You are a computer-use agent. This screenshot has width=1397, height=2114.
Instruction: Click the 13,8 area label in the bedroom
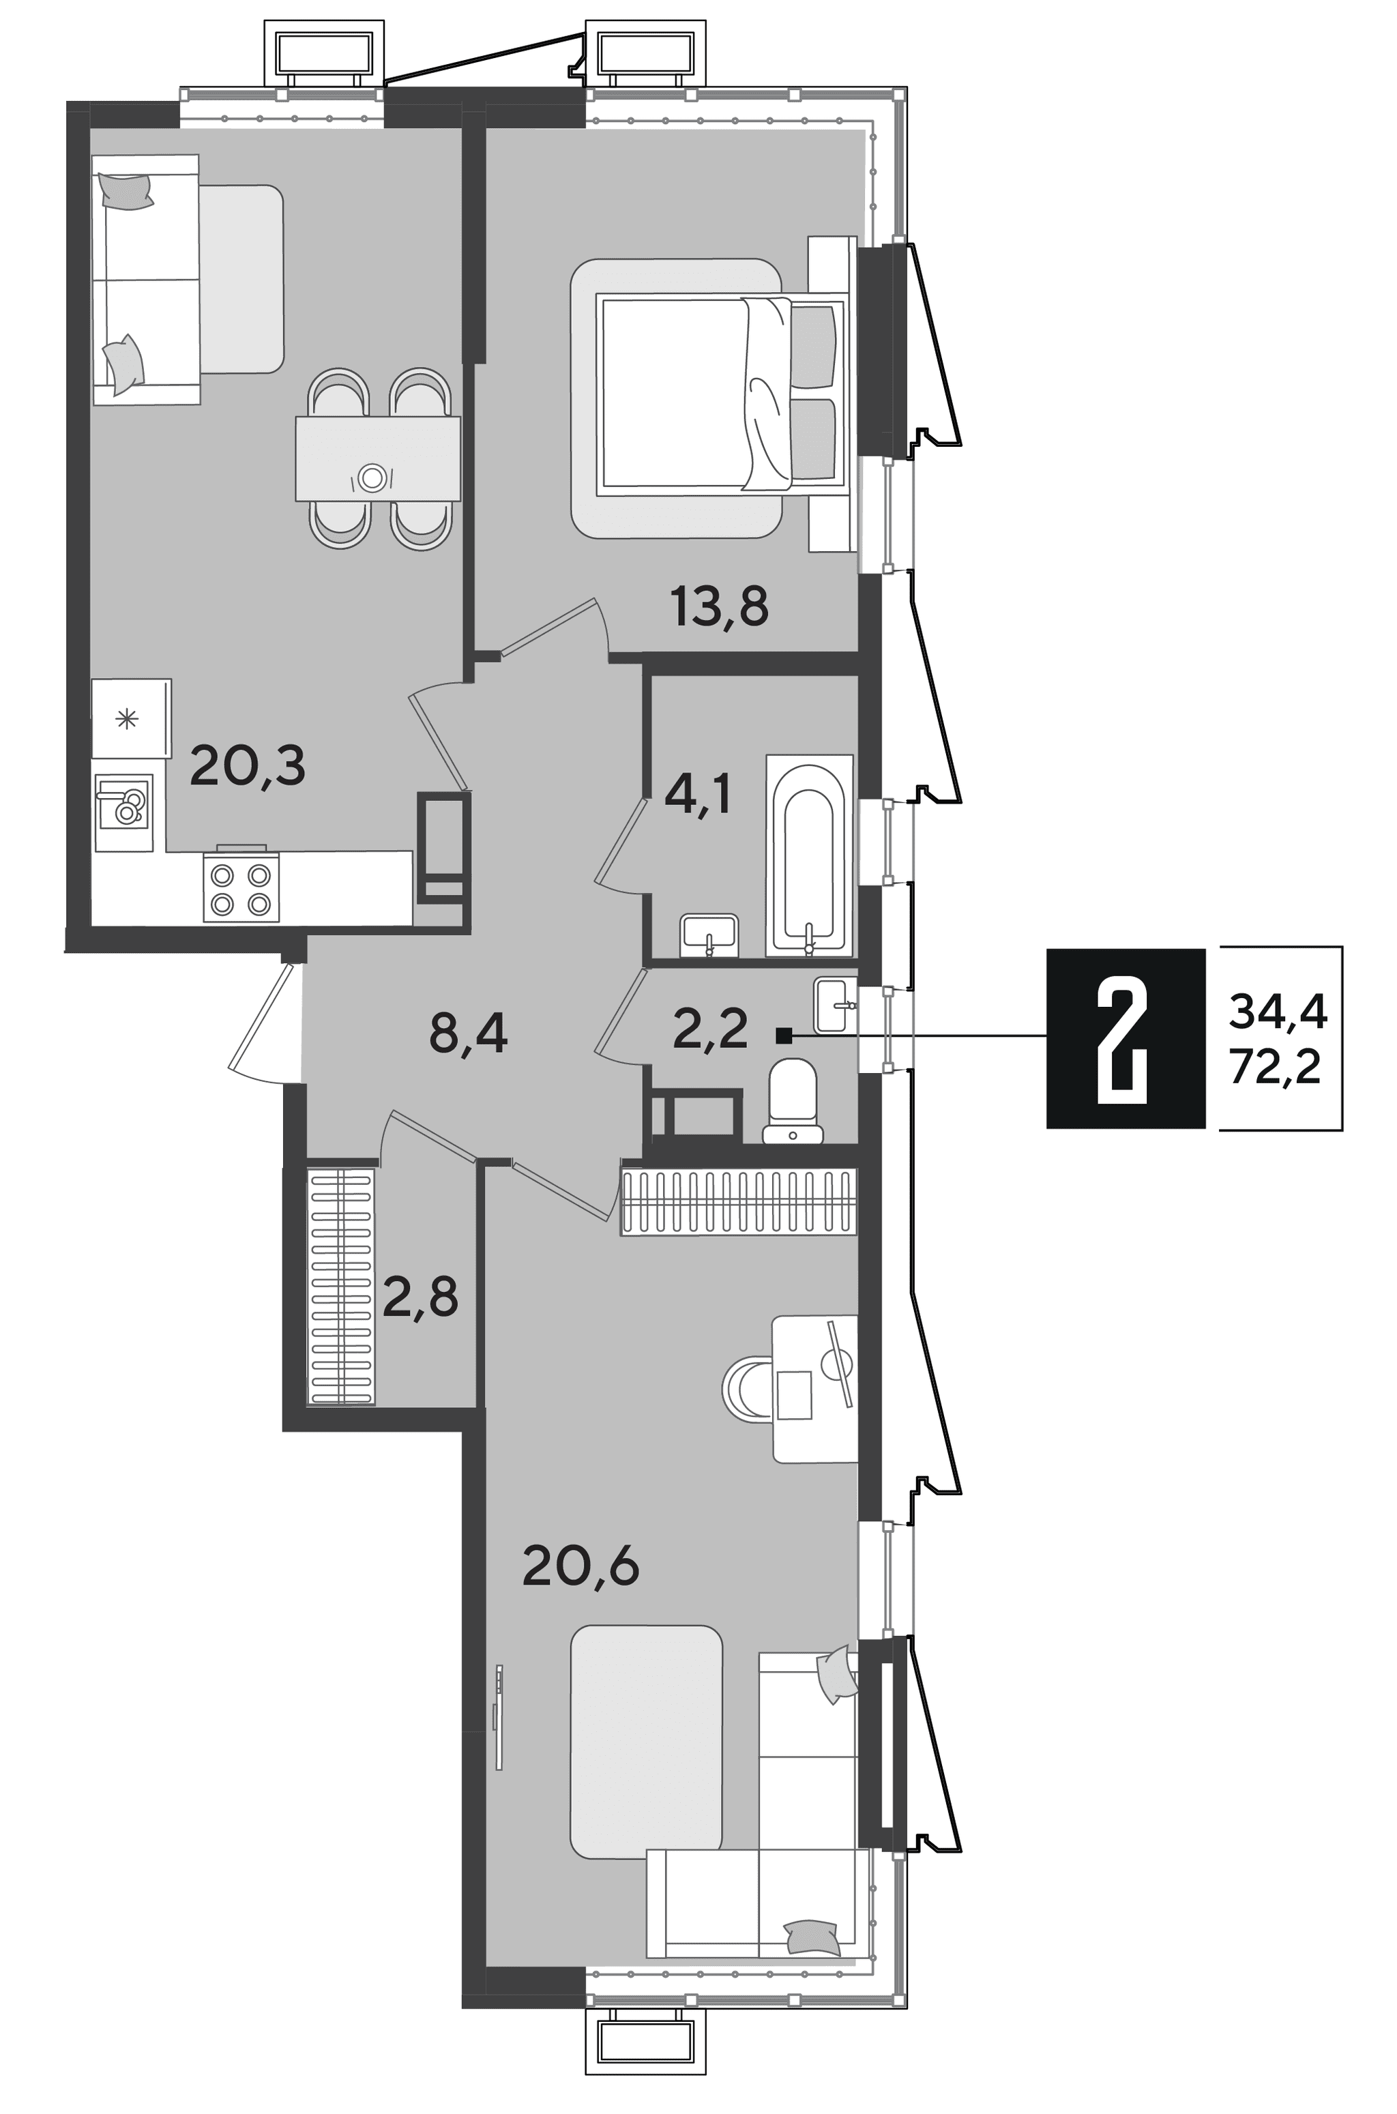pos(720,608)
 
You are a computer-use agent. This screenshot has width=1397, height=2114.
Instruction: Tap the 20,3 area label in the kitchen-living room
pos(247,766)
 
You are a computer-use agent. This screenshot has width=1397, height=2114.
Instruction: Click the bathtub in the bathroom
pos(809,856)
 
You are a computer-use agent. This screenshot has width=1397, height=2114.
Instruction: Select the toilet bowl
pos(792,1100)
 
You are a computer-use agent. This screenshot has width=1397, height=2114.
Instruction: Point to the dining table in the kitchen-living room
pos(378,459)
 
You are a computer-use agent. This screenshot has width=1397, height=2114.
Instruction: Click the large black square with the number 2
pos(1126,1039)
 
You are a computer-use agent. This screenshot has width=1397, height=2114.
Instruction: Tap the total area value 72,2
pos(1275,1066)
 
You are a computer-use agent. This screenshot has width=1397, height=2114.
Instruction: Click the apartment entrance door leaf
pos(260,1017)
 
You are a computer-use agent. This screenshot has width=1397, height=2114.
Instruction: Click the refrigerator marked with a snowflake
pos(131,718)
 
